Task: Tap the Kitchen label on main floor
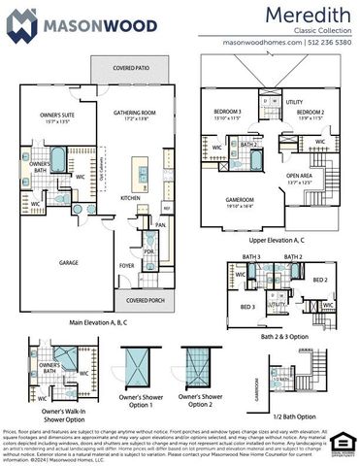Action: tap(130, 197)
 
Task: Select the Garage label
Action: tap(68, 263)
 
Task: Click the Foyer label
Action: tap(126, 264)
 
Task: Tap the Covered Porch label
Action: tap(146, 301)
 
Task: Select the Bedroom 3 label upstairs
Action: tap(227, 115)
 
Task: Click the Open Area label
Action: tap(299, 178)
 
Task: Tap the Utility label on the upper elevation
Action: tap(294, 102)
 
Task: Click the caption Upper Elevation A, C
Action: tap(271, 238)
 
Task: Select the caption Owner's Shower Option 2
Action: tap(203, 399)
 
